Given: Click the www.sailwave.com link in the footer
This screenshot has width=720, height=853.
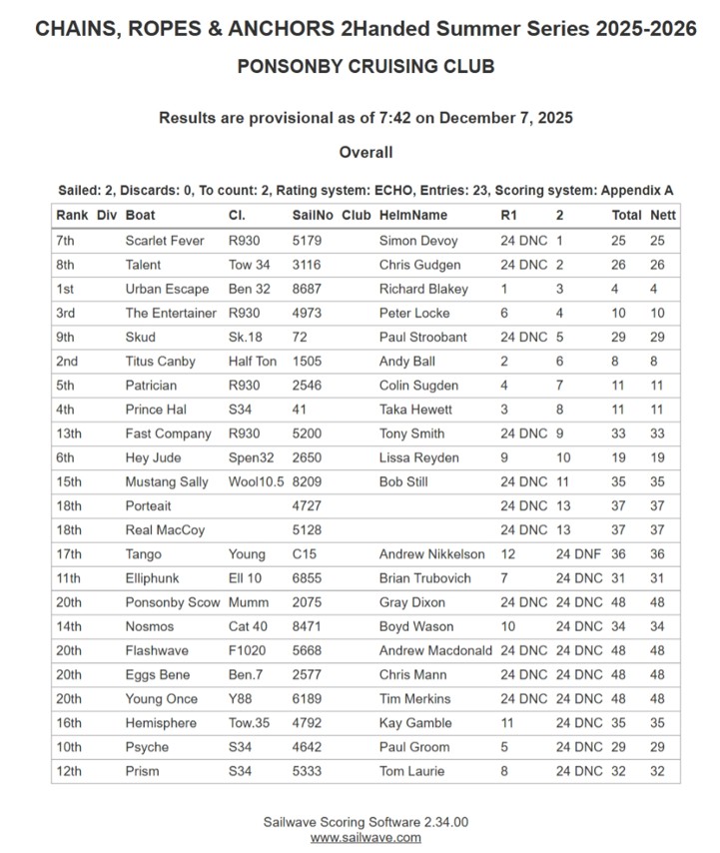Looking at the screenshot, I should tap(364, 837).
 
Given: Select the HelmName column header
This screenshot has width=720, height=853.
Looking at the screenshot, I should tap(413, 215).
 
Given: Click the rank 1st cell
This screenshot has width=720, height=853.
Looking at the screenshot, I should tap(69, 289).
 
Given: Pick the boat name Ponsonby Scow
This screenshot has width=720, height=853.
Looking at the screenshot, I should tap(172, 602).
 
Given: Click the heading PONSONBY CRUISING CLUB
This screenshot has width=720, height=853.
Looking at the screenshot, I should tap(365, 67).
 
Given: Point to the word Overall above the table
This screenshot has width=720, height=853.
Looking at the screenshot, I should tap(365, 153).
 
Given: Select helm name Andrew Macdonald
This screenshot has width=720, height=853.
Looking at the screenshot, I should tap(435, 650).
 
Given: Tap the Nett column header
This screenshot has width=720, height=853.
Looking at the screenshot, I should tap(662, 215).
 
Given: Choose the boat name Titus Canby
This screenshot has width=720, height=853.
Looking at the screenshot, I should tap(160, 362).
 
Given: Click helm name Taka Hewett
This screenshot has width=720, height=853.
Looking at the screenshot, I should tap(415, 410).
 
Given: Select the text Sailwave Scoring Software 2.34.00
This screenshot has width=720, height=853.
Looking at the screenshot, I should tap(365, 821).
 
